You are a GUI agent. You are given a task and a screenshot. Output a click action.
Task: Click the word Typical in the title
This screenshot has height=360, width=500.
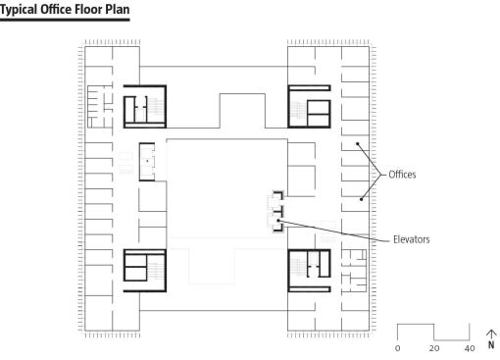pos(19,10)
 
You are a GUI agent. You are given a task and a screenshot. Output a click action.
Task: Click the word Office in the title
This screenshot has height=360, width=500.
pos(56,9)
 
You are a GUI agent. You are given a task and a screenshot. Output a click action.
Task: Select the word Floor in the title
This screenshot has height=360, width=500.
pos(88,9)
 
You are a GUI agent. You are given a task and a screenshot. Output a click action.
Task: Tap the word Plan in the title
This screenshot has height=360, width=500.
pos(118,9)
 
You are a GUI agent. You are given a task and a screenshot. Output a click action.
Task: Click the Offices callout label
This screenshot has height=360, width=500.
pos(402,175)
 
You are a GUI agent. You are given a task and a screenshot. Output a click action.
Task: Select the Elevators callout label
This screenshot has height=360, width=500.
pos(411,239)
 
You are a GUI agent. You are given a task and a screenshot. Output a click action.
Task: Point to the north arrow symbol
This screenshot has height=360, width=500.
pos(491,334)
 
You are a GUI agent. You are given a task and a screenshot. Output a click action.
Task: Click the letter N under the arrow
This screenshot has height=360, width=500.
pos(491,345)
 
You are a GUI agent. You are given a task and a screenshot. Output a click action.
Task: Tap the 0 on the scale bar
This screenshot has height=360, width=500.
pos(397,348)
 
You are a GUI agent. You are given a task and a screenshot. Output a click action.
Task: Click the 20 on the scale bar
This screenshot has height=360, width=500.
pos(434,348)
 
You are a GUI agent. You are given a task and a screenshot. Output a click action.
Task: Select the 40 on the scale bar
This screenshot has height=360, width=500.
pos(470,348)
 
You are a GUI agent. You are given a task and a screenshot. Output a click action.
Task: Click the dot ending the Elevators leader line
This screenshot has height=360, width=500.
pos(278,221)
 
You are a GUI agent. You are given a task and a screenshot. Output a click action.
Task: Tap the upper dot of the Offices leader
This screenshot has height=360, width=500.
pos(358,143)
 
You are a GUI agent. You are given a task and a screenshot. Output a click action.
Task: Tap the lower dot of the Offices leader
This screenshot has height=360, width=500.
pos(361,199)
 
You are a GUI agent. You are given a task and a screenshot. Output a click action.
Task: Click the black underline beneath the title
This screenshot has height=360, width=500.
pos(65,20)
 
